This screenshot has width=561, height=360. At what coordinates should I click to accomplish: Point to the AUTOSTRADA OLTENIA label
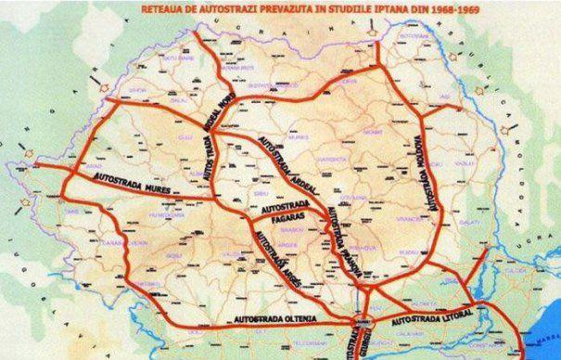coord(264,321)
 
